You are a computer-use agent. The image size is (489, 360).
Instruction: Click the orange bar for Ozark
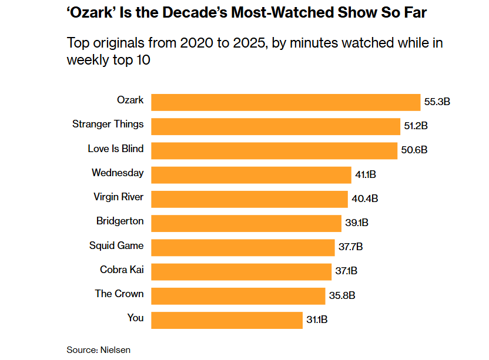[286, 102]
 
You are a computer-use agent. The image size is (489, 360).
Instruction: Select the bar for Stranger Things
[276, 126]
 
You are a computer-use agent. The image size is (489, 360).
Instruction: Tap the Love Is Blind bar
[274, 150]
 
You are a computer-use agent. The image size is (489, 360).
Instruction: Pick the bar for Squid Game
[243, 247]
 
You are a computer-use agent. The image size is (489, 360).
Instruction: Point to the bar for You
[227, 320]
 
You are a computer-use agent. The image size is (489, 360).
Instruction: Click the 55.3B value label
[437, 102]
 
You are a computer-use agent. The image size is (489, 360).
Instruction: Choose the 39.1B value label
[357, 223]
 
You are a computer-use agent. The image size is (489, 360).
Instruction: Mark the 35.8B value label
[341, 295]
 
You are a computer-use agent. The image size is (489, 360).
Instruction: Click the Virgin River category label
[118, 197]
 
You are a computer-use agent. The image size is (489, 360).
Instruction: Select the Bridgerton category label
[120, 221]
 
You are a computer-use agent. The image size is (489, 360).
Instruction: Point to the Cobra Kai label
[122, 270]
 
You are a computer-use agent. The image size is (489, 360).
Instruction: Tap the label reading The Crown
[119, 294]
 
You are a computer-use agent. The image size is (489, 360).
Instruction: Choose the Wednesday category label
[118, 173]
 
